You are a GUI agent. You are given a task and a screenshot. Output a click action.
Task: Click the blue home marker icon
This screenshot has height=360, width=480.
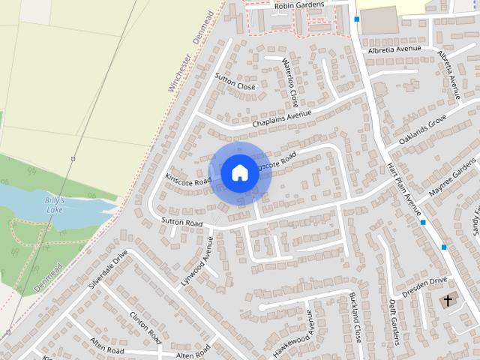pos(239,172)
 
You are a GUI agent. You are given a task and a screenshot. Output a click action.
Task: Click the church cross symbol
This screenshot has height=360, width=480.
pos(448,301)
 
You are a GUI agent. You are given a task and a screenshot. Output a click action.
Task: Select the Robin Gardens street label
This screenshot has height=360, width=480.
pos(299,5)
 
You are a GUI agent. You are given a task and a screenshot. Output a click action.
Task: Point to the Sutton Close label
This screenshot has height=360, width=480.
pos(235,82)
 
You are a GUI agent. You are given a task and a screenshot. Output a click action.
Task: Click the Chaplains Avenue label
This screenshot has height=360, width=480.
pos(281,118)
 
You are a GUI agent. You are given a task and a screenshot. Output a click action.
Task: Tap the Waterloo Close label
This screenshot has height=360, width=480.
pos(290,82)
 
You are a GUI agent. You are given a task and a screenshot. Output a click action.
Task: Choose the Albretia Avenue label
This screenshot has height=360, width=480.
pos(394,49)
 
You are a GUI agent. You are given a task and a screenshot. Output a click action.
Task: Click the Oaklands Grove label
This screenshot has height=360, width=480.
pos(422,130)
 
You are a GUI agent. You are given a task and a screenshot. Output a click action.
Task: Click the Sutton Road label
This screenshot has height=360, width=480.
pos(182,223)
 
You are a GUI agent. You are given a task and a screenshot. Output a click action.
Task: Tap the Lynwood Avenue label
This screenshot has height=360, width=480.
pos(197,262)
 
